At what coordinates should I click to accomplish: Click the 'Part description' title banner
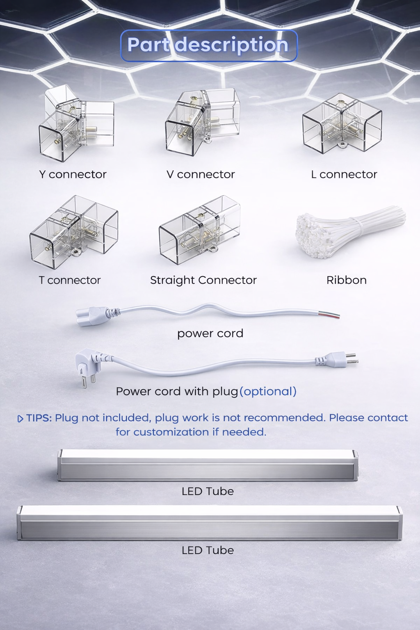tap(209, 45)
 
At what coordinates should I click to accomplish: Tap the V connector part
tap(203, 122)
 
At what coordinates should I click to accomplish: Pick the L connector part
tap(342, 124)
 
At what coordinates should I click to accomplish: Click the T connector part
tap(74, 232)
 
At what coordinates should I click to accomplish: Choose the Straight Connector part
tap(200, 230)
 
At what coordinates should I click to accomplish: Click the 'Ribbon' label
tap(346, 280)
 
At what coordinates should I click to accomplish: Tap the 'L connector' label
tap(344, 174)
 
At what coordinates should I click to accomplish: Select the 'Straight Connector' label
tap(203, 280)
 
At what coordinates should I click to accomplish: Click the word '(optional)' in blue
tap(268, 391)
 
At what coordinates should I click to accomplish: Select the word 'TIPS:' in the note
tap(39, 418)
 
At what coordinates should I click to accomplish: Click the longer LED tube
tap(210, 523)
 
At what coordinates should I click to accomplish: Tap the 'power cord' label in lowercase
tap(210, 333)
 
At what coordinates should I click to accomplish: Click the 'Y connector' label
tap(73, 174)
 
